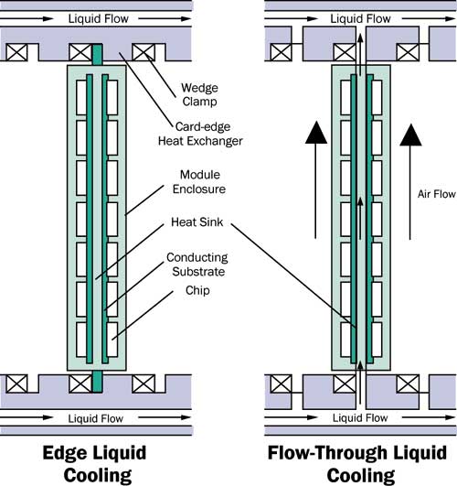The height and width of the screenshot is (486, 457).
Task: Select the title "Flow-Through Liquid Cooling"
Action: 357,462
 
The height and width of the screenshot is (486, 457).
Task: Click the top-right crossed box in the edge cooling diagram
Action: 143,52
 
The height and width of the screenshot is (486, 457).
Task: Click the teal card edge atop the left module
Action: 96,52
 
